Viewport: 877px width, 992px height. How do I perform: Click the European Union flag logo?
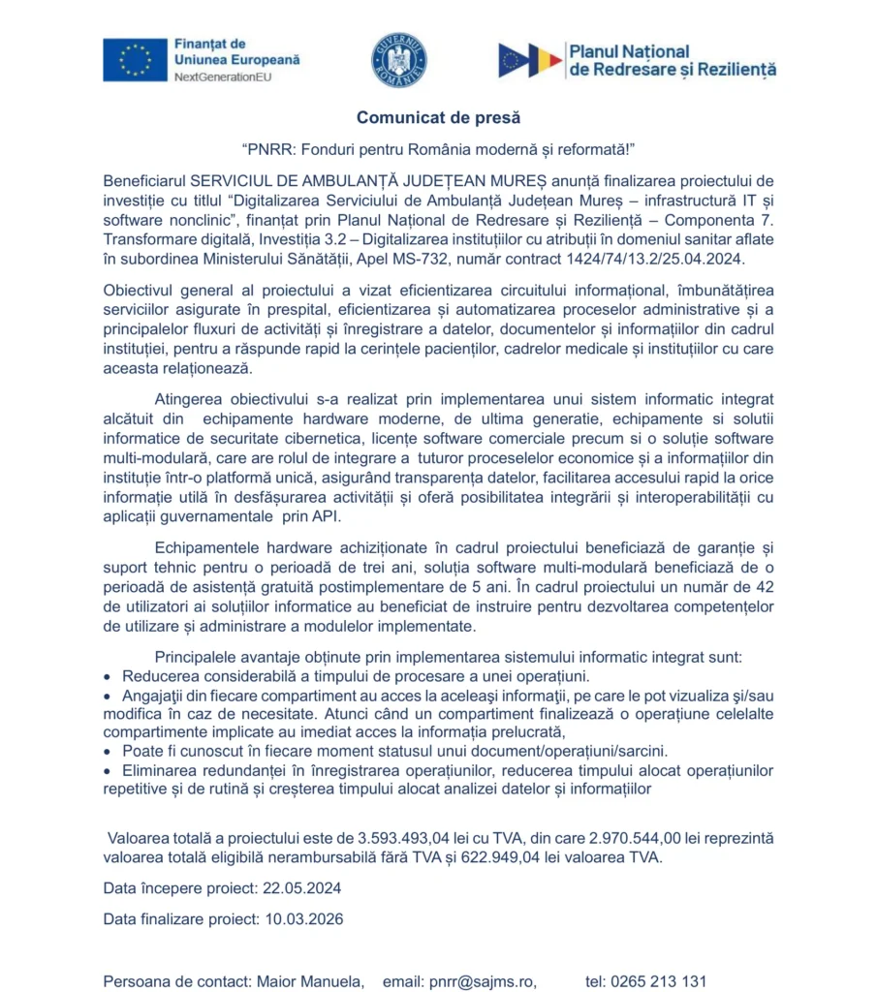click(135, 59)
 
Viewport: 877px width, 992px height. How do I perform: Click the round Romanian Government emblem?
click(398, 60)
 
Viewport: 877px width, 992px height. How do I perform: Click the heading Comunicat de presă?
click(438, 117)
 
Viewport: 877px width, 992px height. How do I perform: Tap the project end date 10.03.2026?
click(303, 918)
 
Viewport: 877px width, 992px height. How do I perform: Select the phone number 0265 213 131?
click(658, 981)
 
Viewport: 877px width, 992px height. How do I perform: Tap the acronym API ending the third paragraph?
click(325, 515)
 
